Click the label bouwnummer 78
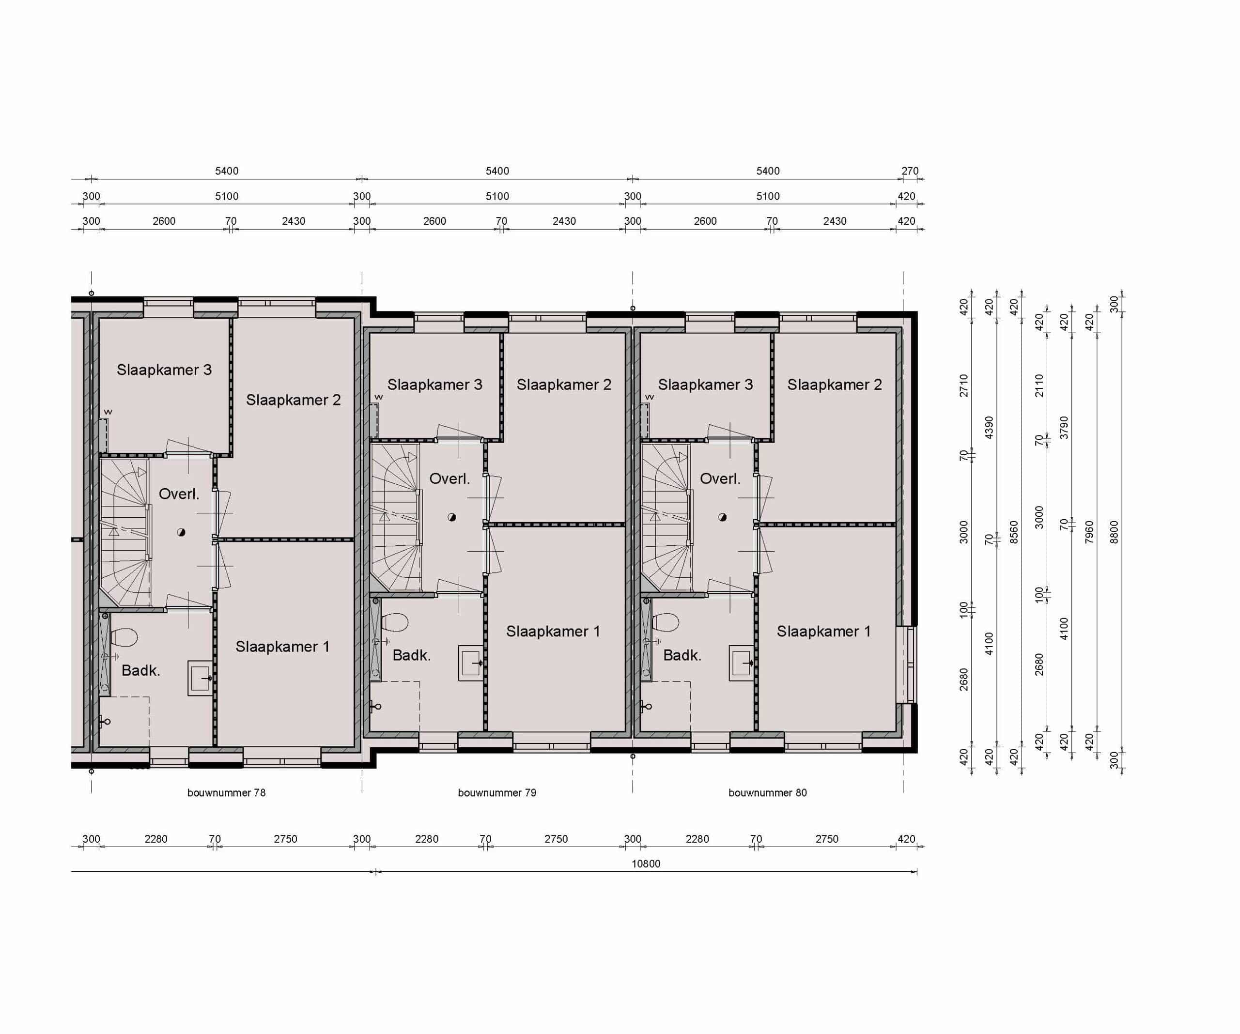226,792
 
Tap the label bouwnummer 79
496,792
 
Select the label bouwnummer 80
767,792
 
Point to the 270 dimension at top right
909,170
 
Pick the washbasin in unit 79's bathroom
471,663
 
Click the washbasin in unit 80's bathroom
741,663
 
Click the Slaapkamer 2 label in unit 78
293,400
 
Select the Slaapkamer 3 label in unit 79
434,385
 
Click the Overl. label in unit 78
178,494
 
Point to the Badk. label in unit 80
682,655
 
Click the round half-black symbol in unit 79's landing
452,517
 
